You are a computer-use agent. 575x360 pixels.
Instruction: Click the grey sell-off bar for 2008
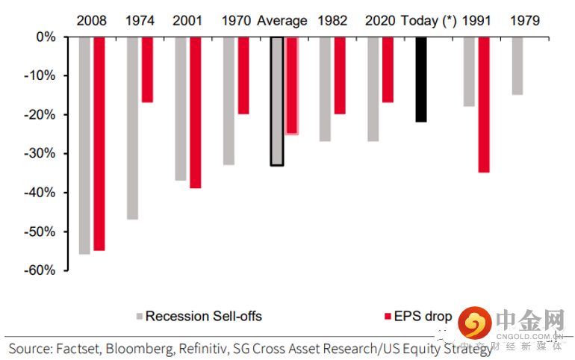pyautogui.click(x=84, y=145)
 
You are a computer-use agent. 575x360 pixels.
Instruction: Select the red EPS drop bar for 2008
pyautogui.click(x=99, y=143)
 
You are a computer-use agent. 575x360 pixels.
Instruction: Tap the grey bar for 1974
pyautogui.click(x=132, y=128)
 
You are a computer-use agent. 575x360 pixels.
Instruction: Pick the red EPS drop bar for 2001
pyautogui.click(x=196, y=112)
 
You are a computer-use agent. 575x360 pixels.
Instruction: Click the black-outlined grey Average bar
pyautogui.click(x=277, y=101)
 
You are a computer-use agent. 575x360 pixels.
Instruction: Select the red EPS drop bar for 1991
pyautogui.click(x=484, y=105)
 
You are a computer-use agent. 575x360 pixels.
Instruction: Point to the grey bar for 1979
pyautogui.click(x=517, y=66)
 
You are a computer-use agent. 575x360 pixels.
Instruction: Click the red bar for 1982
pyautogui.click(x=340, y=75)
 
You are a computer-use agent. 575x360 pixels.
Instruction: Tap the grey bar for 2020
pyautogui.click(x=373, y=89)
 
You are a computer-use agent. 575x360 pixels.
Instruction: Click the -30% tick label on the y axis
pyautogui.click(x=40, y=154)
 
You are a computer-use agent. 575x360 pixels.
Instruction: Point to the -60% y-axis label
pyautogui.click(x=40, y=270)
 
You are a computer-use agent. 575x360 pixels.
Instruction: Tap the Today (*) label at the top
pyautogui.click(x=429, y=20)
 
